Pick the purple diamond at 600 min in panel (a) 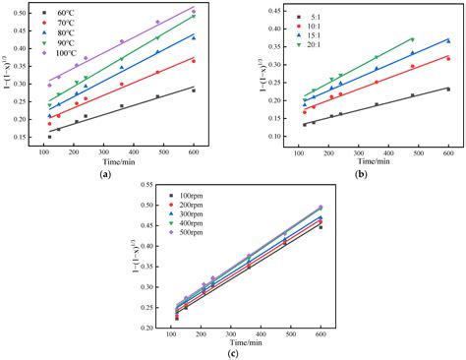(x=194, y=12)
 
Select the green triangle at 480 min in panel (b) (x=412, y=39)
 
